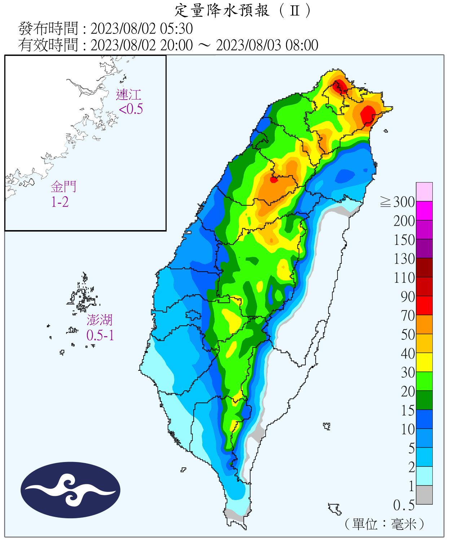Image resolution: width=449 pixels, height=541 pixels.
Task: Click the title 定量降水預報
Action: tap(221, 10)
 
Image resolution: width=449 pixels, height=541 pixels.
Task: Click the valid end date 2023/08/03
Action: tap(249, 45)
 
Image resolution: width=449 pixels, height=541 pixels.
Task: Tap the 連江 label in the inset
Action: tap(128, 95)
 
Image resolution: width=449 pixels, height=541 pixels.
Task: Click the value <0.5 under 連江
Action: tap(131, 109)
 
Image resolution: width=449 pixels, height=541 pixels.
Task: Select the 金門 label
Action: tap(63, 187)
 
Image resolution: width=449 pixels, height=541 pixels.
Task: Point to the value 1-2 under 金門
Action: tap(60, 202)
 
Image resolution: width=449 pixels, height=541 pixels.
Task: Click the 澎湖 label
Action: tap(100, 320)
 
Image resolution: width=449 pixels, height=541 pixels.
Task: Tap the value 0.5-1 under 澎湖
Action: tap(100, 335)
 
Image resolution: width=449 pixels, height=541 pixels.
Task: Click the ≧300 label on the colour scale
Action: tap(398, 202)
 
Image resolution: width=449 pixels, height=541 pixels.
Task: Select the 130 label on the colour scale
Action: tap(404, 259)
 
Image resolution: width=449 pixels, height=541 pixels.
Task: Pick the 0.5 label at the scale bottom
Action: tap(404, 505)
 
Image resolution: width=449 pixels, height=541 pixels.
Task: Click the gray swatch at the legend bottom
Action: tap(424, 495)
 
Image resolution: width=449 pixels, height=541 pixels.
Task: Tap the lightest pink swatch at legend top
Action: tap(424, 192)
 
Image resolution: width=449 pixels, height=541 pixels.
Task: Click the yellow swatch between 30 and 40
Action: tap(424, 362)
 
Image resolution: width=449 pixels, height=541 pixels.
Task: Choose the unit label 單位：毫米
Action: tap(384, 524)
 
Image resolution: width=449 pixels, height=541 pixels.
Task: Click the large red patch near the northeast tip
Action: tap(368, 115)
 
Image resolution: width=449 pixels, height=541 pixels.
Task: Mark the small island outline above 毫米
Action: tap(335, 509)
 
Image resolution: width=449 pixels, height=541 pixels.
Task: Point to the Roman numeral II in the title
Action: tap(295, 11)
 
